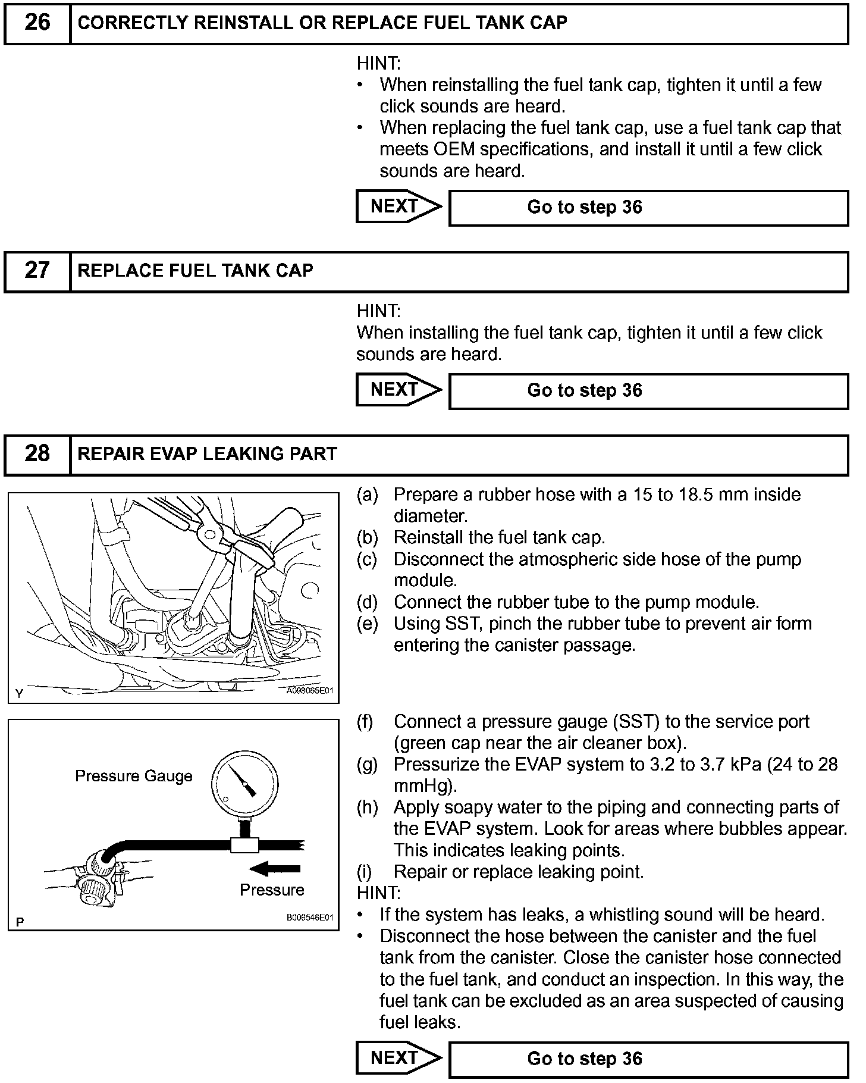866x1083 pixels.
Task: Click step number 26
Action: (x=37, y=23)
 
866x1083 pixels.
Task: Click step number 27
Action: (x=37, y=271)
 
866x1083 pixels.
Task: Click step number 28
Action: (x=37, y=454)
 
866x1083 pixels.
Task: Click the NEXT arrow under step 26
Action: (x=399, y=206)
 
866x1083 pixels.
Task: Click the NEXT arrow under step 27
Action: (x=399, y=390)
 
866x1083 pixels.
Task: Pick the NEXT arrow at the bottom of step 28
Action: (x=399, y=1058)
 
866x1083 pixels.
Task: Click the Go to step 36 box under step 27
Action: (x=648, y=391)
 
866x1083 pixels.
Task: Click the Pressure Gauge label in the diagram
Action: (x=134, y=776)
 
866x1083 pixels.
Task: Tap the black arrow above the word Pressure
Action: (x=275, y=869)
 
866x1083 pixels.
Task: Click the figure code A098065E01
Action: (x=309, y=691)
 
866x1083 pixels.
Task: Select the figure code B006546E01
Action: (x=309, y=918)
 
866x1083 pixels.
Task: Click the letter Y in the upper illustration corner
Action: (x=20, y=693)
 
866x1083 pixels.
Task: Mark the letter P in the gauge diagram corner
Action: (x=20, y=922)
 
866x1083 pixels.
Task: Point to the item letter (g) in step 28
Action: (x=367, y=765)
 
